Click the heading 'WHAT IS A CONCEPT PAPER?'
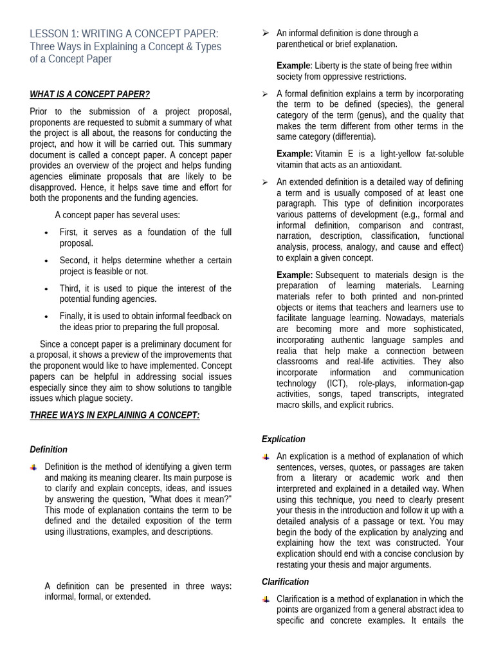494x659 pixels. [89, 95]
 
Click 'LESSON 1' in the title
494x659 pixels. [53, 33]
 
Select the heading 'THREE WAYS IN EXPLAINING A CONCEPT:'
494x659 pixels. [114, 415]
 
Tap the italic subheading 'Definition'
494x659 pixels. [48, 450]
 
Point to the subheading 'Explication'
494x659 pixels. [283, 439]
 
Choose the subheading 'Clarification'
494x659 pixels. [285, 582]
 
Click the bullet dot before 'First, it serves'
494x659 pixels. [46, 232]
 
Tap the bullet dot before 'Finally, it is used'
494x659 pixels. [46, 317]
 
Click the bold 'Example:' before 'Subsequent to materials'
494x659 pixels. [295, 275]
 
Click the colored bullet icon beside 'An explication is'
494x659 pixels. [266, 457]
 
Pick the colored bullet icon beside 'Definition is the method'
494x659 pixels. [34, 467]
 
